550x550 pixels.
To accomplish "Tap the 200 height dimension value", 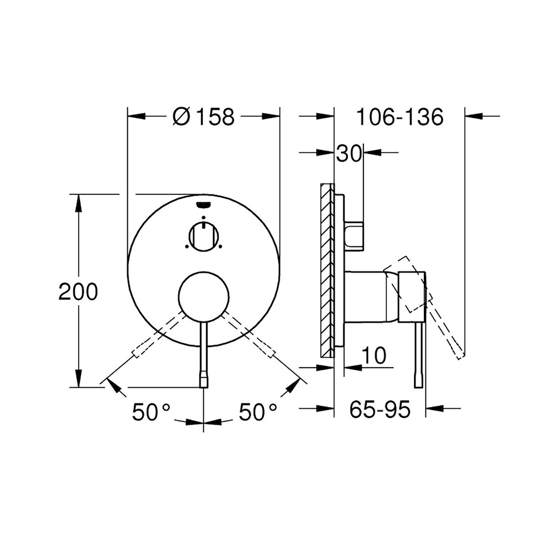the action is tap(78, 292).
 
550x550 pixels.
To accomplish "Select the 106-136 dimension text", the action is tap(400, 117).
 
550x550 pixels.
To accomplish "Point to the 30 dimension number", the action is tap(348, 153).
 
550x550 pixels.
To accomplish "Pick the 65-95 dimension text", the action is tap(380, 409).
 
